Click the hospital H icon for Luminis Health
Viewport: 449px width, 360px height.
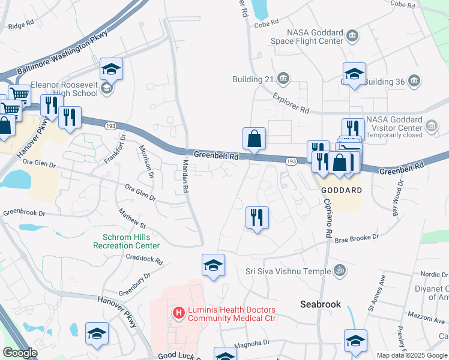tap(178, 312)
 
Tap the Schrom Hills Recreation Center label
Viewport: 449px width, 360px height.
tap(127, 241)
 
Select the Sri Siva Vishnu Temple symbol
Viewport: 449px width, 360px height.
tap(339, 271)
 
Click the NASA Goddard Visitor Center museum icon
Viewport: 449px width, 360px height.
tap(431, 125)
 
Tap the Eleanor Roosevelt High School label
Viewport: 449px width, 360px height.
tap(65, 89)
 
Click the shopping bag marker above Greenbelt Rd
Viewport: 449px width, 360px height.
tap(255, 139)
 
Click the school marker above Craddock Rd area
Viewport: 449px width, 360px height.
tap(213, 265)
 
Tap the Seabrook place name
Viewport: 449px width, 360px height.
tap(321, 304)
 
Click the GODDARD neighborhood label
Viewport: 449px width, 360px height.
tap(342, 190)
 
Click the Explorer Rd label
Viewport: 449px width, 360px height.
tap(291, 103)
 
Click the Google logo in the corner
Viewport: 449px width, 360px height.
tap(20, 353)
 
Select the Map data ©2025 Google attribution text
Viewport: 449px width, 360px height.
tap(411, 355)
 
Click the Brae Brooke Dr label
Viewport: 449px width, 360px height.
tap(357, 237)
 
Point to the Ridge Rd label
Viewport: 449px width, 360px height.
tap(20, 26)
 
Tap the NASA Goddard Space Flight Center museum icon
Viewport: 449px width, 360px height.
tap(352, 37)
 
